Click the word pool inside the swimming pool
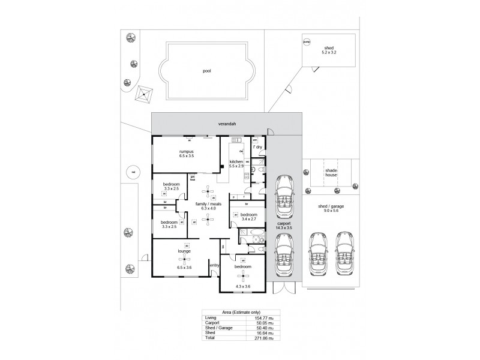click(207, 70)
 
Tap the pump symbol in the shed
click(307, 42)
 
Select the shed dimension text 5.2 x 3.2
click(328, 52)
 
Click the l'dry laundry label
click(257, 146)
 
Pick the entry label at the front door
click(214, 265)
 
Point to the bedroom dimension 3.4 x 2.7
click(248, 220)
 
